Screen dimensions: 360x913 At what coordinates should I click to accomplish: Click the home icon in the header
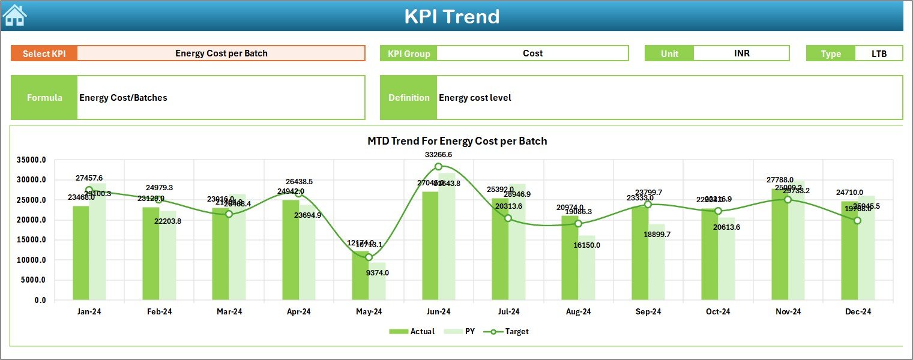[15, 16]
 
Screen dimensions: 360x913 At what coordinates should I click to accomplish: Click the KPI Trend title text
[451, 16]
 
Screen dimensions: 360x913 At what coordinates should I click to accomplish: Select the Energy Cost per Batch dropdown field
[221, 53]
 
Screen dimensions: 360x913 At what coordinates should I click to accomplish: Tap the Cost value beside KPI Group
[532, 53]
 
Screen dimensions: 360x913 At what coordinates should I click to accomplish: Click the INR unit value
[741, 53]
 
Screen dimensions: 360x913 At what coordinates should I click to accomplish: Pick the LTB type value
[879, 53]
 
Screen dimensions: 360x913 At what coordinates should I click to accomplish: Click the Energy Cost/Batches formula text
[124, 97]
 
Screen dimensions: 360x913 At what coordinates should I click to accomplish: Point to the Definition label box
[409, 97]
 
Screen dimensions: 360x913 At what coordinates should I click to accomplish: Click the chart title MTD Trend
[457, 141]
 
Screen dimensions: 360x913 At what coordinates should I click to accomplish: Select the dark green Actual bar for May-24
[360, 276]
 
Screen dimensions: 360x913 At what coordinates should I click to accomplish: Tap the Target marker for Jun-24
[438, 166]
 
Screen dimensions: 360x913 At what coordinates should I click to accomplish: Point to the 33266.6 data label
[438, 154]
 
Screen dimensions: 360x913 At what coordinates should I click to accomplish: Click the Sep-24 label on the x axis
[648, 311]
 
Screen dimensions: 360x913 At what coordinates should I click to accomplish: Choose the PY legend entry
[462, 331]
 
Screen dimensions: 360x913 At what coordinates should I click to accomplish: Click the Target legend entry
[510, 331]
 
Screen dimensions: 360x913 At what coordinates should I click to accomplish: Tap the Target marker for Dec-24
[857, 221]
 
